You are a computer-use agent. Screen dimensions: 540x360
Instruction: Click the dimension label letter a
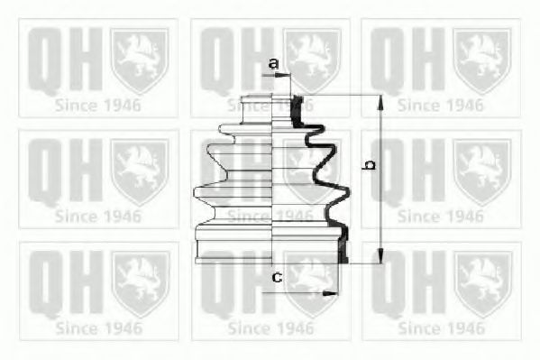click(x=273, y=63)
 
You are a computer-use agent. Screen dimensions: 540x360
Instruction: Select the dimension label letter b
click(x=370, y=164)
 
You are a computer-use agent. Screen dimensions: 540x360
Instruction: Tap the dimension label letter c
click(x=278, y=277)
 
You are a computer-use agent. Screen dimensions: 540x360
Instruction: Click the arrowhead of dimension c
click(x=330, y=293)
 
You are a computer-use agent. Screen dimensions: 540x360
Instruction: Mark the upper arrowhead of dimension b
click(x=380, y=103)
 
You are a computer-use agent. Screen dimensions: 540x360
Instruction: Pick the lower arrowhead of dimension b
click(x=380, y=255)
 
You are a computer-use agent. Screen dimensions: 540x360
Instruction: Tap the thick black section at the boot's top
click(x=297, y=110)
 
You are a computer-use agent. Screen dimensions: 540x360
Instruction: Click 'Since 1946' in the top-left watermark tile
click(x=98, y=106)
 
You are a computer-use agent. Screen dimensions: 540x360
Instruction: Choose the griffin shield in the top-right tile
click(x=482, y=60)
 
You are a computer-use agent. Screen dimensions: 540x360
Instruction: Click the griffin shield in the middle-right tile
click(x=482, y=171)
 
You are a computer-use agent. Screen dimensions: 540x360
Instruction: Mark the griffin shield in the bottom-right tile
click(x=483, y=284)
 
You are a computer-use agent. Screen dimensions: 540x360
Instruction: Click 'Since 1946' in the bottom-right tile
click(x=441, y=328)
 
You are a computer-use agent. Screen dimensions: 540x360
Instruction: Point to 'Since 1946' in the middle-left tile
click(x=98, y=217)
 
